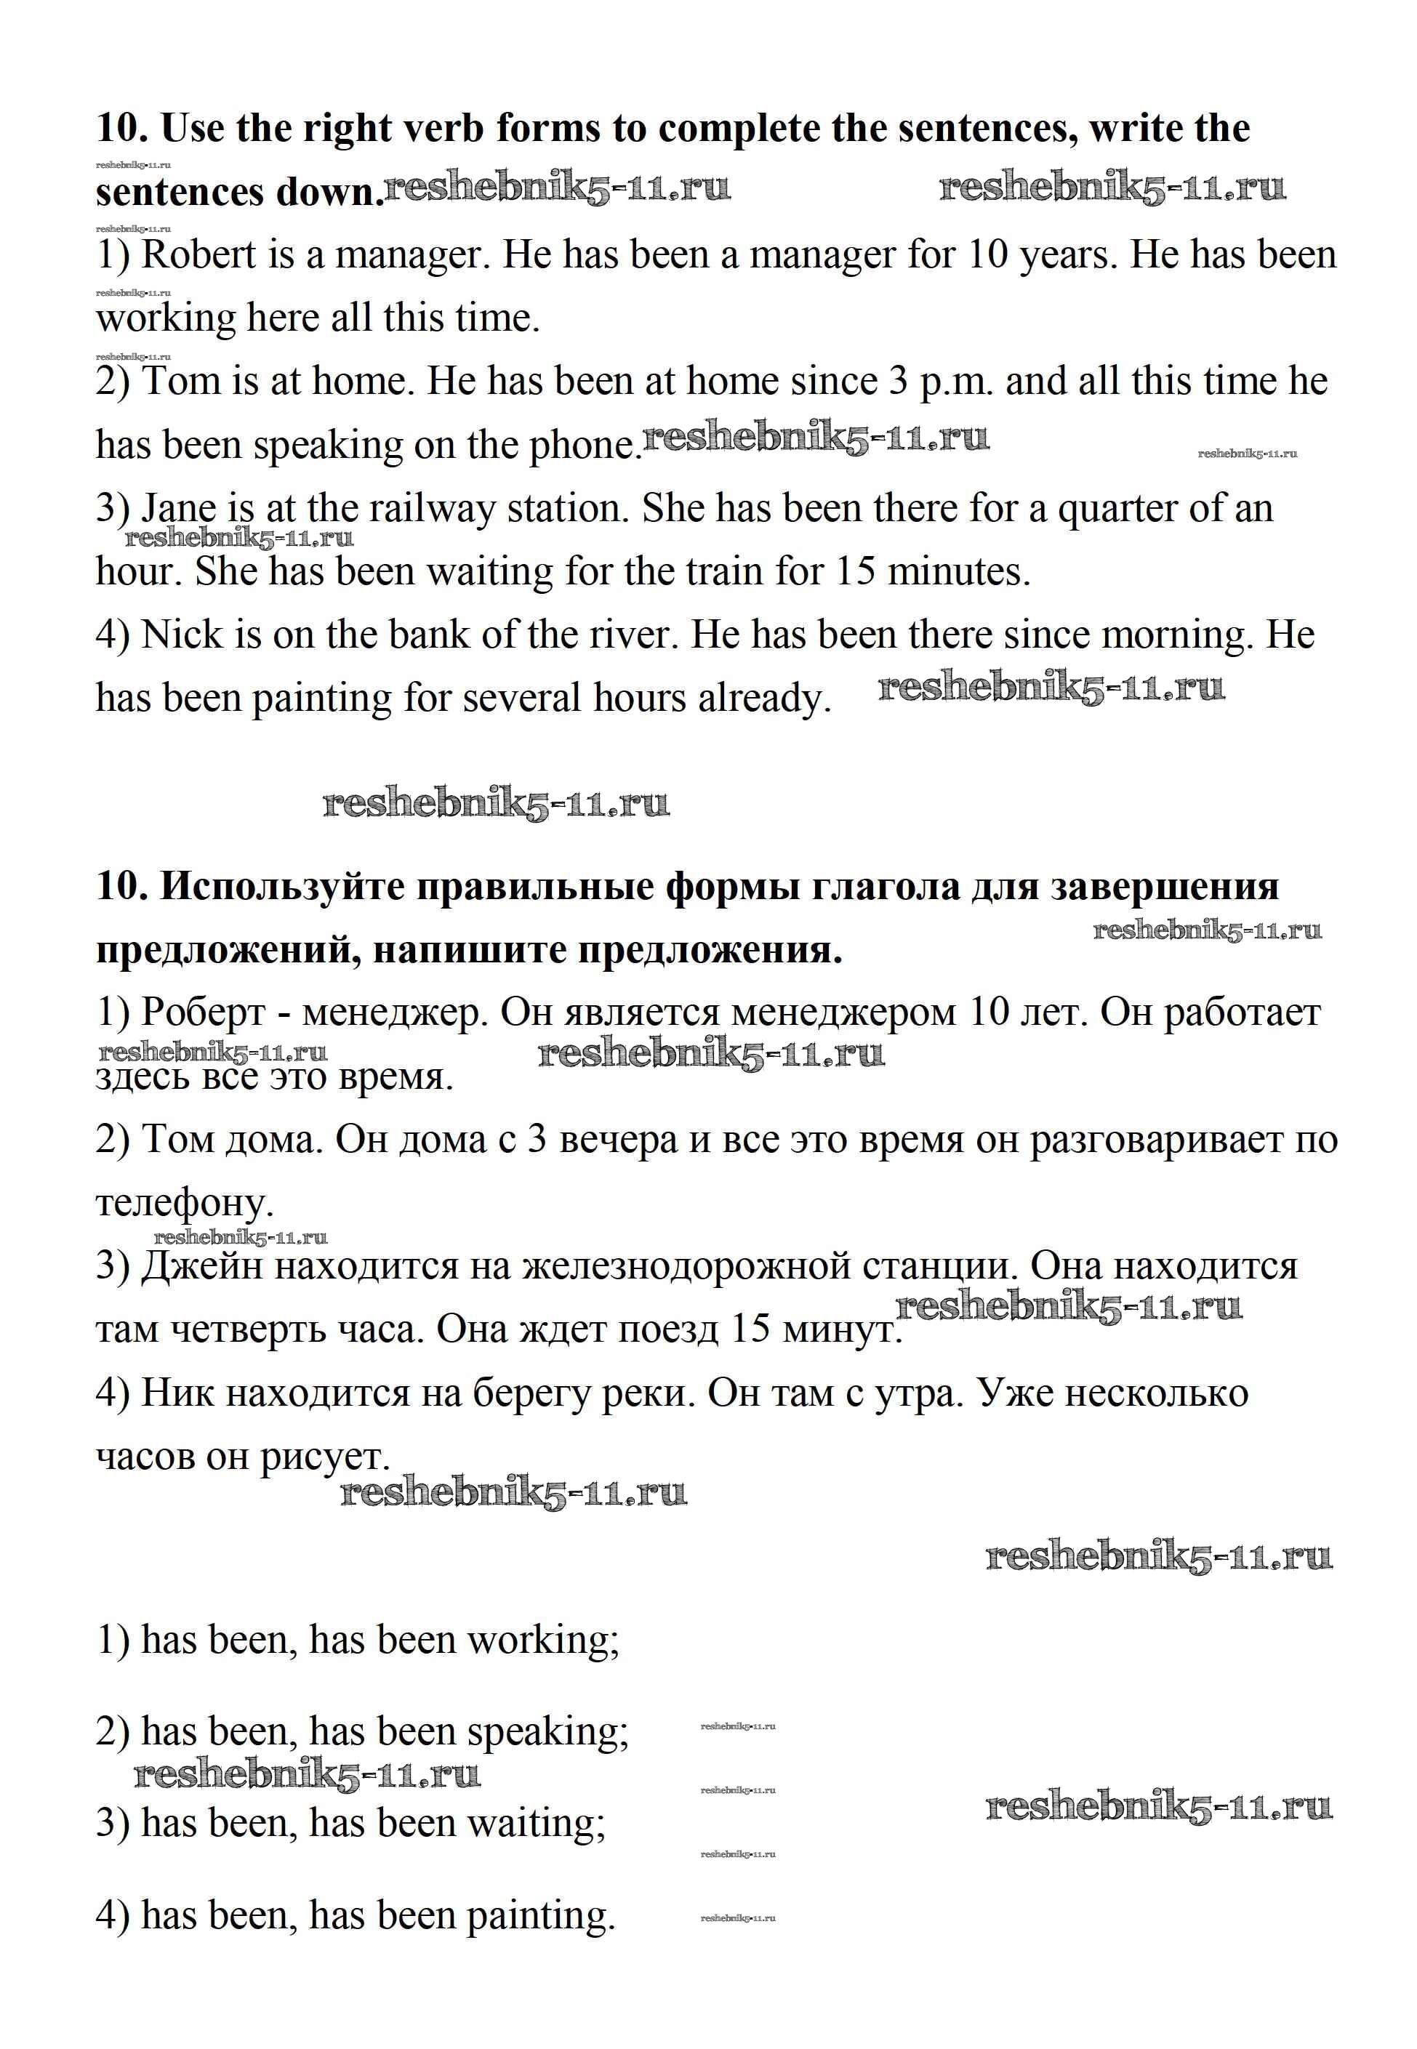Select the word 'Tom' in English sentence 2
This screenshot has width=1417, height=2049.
181,382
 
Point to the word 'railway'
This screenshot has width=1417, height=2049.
430,510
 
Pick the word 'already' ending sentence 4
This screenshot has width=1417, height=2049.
764,699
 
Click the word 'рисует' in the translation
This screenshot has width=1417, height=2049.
324,1457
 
